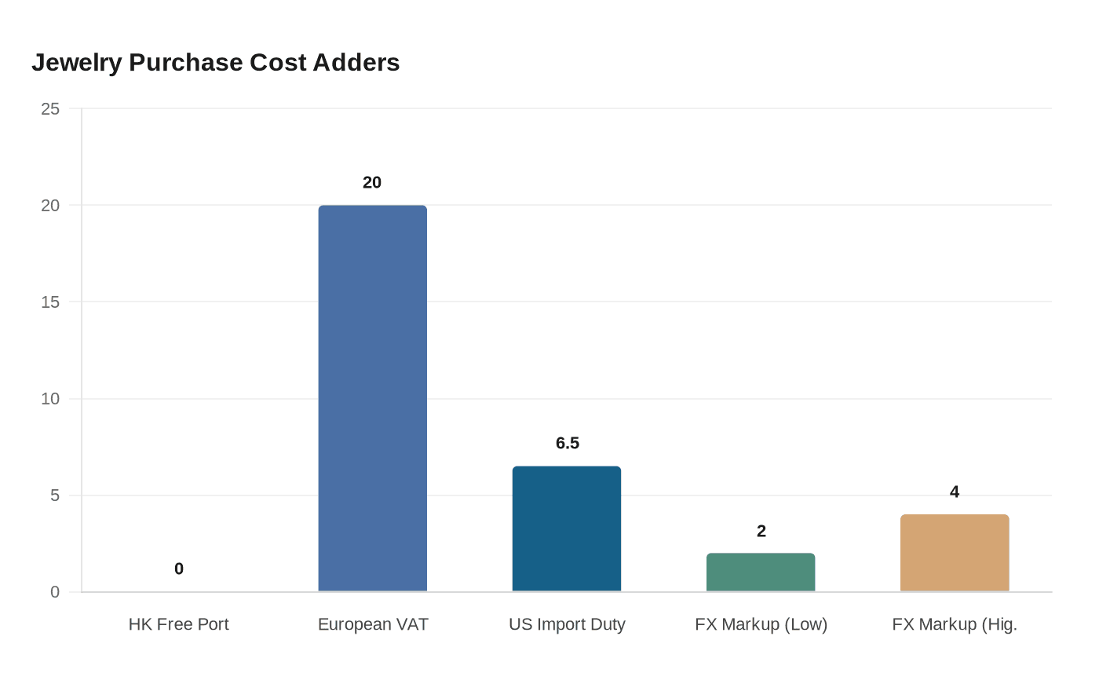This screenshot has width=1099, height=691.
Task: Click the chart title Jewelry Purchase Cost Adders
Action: click(216, 63)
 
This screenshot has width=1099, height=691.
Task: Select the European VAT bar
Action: click(373, 398)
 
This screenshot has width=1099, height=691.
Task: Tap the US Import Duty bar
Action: click(567, 528)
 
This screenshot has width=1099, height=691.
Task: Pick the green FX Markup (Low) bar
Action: click(761, 572)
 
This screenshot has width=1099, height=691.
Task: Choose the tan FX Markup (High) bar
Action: click(955, 553)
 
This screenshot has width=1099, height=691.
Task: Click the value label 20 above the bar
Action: click(372, 182)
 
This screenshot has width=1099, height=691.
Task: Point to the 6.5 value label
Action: click(568, 443)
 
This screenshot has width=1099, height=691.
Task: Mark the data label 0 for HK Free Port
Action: click(179, 569)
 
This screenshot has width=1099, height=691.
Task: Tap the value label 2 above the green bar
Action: click(761, 531)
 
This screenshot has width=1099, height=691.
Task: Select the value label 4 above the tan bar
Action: click(955, 492)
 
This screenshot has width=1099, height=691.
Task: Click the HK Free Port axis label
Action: click(179, 624)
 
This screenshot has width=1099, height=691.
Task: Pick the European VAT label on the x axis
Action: click(373, 624)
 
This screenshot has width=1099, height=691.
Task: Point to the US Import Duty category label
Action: click(567, 624)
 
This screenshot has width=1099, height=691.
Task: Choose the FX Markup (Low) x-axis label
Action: click(761, 624)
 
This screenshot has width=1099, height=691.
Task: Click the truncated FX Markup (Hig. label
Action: click(955, 624)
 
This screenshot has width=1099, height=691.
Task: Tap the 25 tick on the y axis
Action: click(50, 109)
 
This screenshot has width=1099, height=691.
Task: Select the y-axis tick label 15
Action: click(50, 302)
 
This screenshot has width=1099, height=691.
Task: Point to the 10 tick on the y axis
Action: click(50, 399)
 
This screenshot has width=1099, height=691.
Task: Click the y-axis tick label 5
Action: click(55, 495)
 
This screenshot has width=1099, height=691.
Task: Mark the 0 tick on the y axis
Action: click(55, 592)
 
